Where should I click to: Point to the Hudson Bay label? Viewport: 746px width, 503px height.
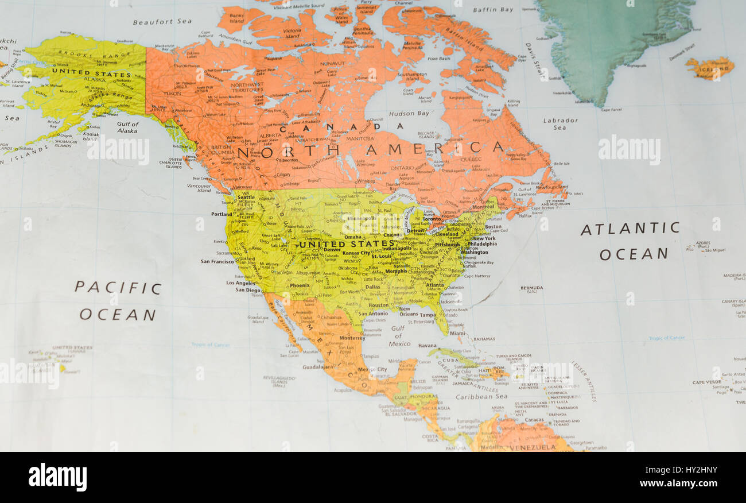[x=409, y=114]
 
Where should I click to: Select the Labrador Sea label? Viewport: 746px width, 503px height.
[x=561, y=124]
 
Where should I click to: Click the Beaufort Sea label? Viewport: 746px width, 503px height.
[x=162, y=22]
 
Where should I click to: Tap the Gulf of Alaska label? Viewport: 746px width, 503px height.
[x=127, y=127]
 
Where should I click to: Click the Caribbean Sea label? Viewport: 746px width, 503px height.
[x=481, y=396]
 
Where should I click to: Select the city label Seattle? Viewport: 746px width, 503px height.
[x=246, y=198]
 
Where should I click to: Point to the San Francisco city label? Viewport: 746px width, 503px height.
[x=217, y=261]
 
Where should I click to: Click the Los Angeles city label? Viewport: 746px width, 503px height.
[x=241, y=283]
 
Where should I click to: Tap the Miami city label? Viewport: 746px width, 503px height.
[x=457, y=333]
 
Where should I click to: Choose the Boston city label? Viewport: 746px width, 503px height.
[x=493, y=227]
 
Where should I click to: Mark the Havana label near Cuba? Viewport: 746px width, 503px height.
[x=427, y=346]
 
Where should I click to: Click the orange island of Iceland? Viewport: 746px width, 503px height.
[x=710, y=68]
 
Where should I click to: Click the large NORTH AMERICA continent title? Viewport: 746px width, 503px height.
[x=370, y=150]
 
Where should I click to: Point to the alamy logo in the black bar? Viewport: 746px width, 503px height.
[x=57, y=477]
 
